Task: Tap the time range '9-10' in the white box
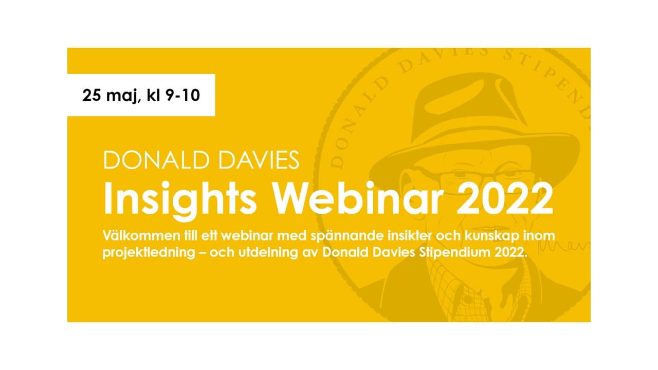[x=182, y=95]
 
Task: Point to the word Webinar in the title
[x=358, y=198]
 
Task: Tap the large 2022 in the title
[x=504, y=198]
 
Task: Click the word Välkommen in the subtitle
[x=141, y=235]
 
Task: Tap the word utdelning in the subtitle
[x=268, y=252]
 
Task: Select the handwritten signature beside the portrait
[x=562, y=246]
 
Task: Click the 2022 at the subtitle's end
[x=511, y=252]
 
